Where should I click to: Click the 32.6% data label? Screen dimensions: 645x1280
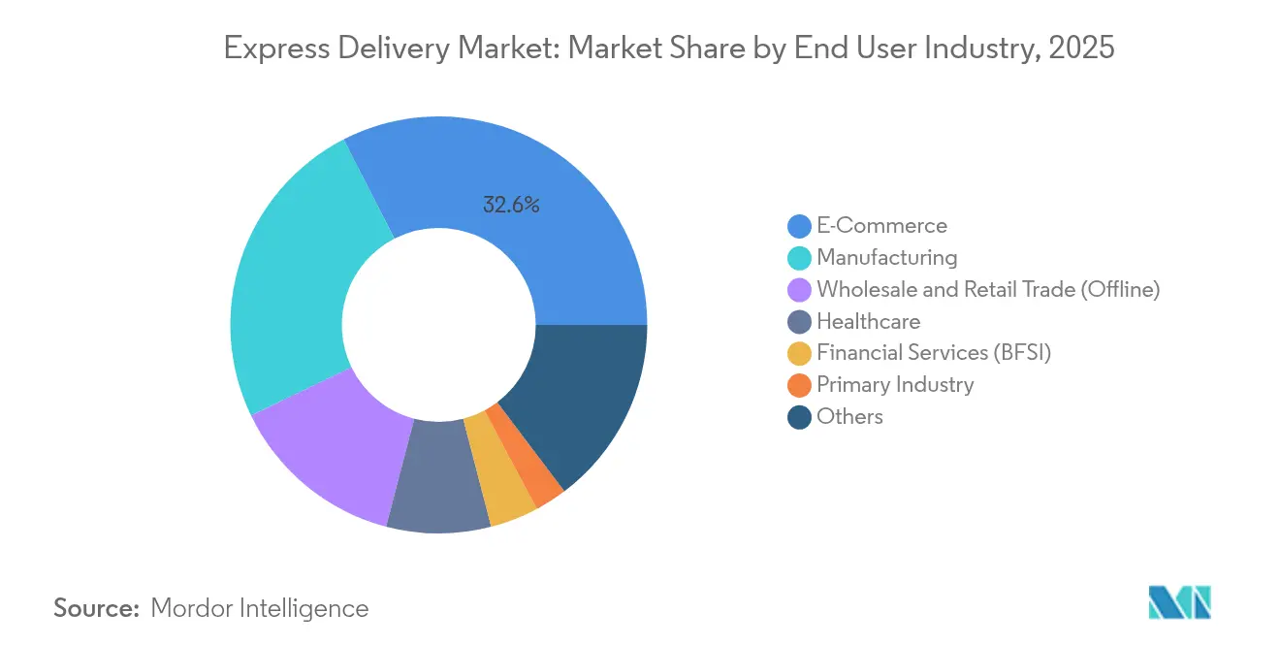pos(511,205)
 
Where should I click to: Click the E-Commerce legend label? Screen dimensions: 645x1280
pos(881,226)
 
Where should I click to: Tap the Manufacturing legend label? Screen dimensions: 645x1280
pos(886,258)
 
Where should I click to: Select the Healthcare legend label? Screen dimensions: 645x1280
pos(868,321)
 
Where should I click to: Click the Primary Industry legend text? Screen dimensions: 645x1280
pos(895,385)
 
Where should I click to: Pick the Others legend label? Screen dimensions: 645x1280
pos(849,417)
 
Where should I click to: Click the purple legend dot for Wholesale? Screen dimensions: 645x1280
pos(799,290)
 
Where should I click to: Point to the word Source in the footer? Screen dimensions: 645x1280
pos(97,608)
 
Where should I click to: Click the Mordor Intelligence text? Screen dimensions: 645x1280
pos(260,608)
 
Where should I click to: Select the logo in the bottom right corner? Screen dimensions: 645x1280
pos(1179,602)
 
